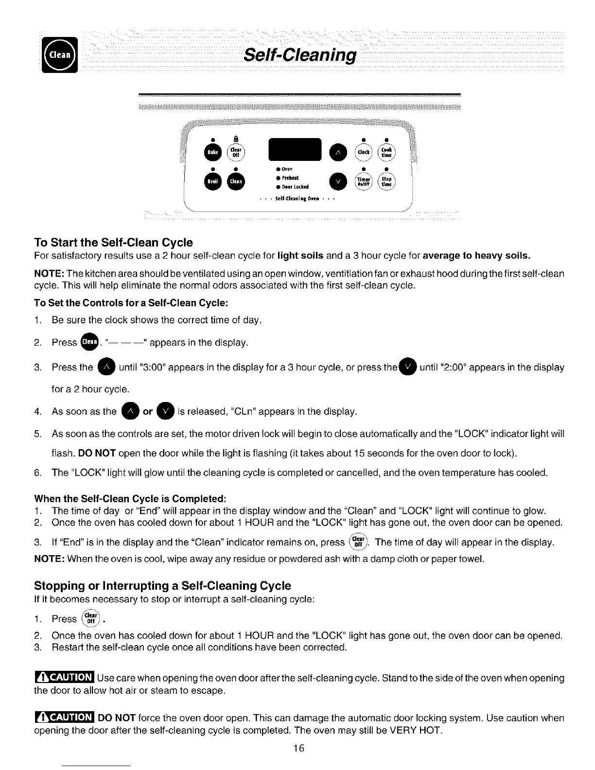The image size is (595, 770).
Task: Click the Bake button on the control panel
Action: [213, 152]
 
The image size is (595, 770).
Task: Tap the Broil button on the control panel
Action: [213, 181]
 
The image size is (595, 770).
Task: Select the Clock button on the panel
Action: [364, 152]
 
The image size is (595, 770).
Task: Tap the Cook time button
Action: [386, 152]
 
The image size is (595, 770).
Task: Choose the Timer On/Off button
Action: [364, 181]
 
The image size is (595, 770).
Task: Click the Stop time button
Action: [386, 181]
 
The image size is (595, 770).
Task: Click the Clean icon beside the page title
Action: [60, 55]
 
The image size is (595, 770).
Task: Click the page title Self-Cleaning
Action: [300, 55]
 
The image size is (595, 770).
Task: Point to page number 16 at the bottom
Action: [298, 748]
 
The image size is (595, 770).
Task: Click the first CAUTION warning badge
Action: [64, 677]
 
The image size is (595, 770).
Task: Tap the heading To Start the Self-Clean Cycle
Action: [113, 242]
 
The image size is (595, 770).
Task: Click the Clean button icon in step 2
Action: [90, 342]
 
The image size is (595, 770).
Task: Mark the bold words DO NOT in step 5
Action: [97, 454]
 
